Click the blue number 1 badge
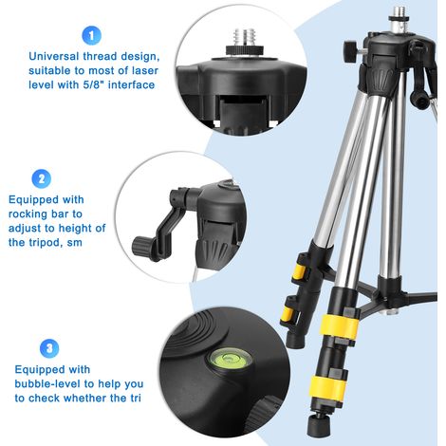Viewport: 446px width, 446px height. (91, 35)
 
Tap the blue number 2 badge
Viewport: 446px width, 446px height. (42, 178)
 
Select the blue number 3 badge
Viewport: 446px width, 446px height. (49, 348)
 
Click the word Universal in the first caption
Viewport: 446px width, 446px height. (54, 56)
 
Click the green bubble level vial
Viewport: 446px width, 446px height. (230, 359)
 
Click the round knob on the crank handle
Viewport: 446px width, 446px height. (141, 247)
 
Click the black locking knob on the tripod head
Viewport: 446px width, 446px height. (351, 51)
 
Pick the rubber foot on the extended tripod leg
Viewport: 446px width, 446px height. (319, 424)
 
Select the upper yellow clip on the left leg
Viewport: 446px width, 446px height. (299, 271)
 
